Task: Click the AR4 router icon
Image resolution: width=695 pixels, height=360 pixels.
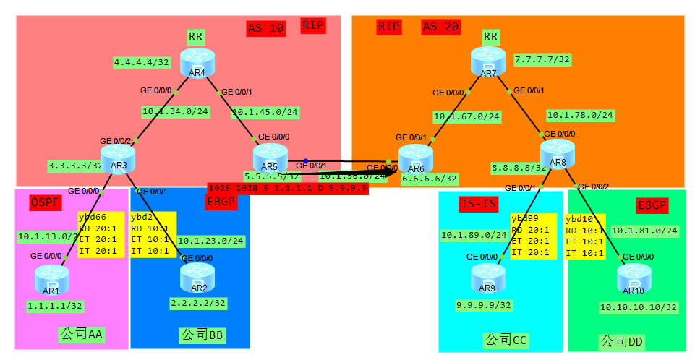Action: pos(197,61)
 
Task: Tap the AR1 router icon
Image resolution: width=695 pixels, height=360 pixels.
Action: pos(51,278)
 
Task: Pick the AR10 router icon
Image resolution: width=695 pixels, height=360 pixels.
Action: pos(634,279)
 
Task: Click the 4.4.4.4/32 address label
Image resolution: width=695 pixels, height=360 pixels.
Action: pos(142,63)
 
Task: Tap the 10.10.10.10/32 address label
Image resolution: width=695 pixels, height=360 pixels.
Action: pos(639,307)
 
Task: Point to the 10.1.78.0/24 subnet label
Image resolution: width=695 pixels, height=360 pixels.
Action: pos(580,115)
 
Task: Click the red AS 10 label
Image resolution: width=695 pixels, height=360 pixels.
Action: pos(265,28)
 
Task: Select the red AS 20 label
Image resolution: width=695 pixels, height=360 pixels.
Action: pos(441,27)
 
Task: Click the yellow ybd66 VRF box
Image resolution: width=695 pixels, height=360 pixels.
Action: pos(102,234)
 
